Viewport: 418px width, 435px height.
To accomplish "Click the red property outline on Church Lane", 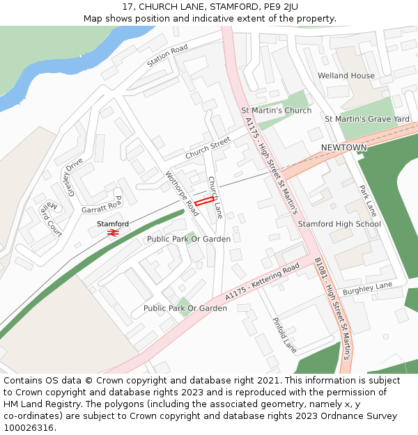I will [203, 201].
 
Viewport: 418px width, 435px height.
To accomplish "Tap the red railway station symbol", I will [113, 232].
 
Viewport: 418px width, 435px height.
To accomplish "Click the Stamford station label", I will [113, 223].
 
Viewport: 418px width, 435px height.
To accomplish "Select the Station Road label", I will [167, 56].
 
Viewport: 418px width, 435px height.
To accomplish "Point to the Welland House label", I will [346, 75].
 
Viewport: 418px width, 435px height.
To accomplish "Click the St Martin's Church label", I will [276, 111].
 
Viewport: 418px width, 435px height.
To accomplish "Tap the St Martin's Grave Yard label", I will [367, 119].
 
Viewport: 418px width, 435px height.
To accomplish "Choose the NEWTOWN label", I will [343, 148].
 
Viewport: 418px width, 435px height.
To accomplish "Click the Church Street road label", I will [207, 147].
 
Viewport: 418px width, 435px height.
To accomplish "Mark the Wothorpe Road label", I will [182, 193].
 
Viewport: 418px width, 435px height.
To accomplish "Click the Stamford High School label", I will [339, 223].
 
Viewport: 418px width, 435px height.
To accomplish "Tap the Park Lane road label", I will [367, 200].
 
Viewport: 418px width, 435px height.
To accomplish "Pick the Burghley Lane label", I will [368, 287].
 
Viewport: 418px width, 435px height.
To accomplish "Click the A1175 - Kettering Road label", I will [262, 280].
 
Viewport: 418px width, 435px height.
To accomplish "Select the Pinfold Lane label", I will [284, 335].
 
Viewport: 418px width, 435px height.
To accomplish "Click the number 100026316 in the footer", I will [29, 427].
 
